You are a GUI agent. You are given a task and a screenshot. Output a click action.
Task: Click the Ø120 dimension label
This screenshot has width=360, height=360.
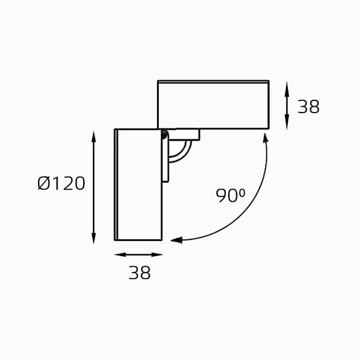tap(62, 184)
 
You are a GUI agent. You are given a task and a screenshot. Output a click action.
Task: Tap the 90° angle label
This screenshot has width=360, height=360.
tap(230, 195)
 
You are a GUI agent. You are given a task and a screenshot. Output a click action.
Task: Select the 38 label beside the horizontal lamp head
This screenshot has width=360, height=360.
tap(308, 107)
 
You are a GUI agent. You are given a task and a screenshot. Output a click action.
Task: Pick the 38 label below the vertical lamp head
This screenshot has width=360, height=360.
tap(140, 273)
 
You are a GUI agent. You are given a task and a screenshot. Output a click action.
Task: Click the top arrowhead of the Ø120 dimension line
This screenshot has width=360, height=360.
tap(93, 137)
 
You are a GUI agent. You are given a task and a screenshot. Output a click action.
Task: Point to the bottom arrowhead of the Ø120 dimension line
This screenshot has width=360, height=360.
tap(93, 238)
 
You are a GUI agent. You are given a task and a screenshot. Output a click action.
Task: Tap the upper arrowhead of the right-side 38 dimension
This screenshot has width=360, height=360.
tap(287, 87)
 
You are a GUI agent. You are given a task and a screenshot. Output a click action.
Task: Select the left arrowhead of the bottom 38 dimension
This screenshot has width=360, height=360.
tap(120, 254)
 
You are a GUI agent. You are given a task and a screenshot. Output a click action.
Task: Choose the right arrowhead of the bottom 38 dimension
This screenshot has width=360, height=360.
tap(157, 254)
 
